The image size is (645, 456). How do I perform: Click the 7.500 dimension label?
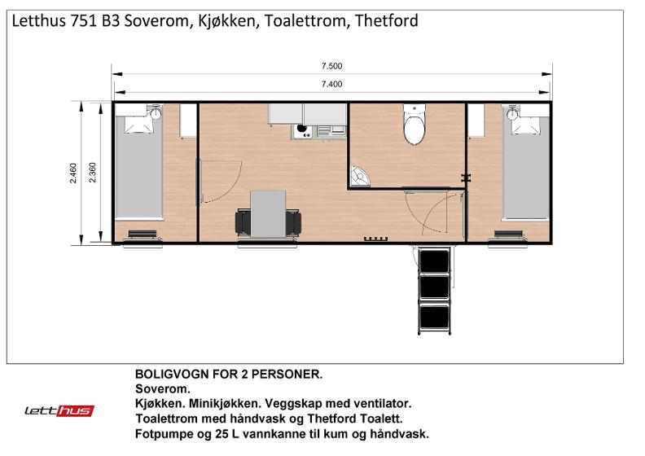coord(331,66)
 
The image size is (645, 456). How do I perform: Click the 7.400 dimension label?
coord(331,84)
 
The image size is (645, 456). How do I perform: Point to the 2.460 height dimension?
coord(72,173)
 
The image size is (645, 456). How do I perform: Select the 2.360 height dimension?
coord(92,173)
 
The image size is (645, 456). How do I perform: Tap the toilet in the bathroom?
coord(415,124)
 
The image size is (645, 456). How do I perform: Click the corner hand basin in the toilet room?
coord(359,176)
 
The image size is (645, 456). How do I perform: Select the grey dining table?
coord(268,214)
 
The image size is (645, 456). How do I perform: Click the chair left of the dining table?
coord(244,222)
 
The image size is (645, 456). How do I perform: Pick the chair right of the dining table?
coord(293,222)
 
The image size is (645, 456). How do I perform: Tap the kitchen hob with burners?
coord(304,132)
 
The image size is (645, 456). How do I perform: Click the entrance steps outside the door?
coord(434,290)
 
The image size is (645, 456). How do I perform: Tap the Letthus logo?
coord(59,410)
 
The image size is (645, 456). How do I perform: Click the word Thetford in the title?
coord(386,20)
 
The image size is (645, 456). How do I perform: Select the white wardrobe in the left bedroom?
coord(188,121)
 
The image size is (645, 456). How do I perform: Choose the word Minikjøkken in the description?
coord(224,404)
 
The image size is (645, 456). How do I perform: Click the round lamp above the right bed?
coord(512,114)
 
